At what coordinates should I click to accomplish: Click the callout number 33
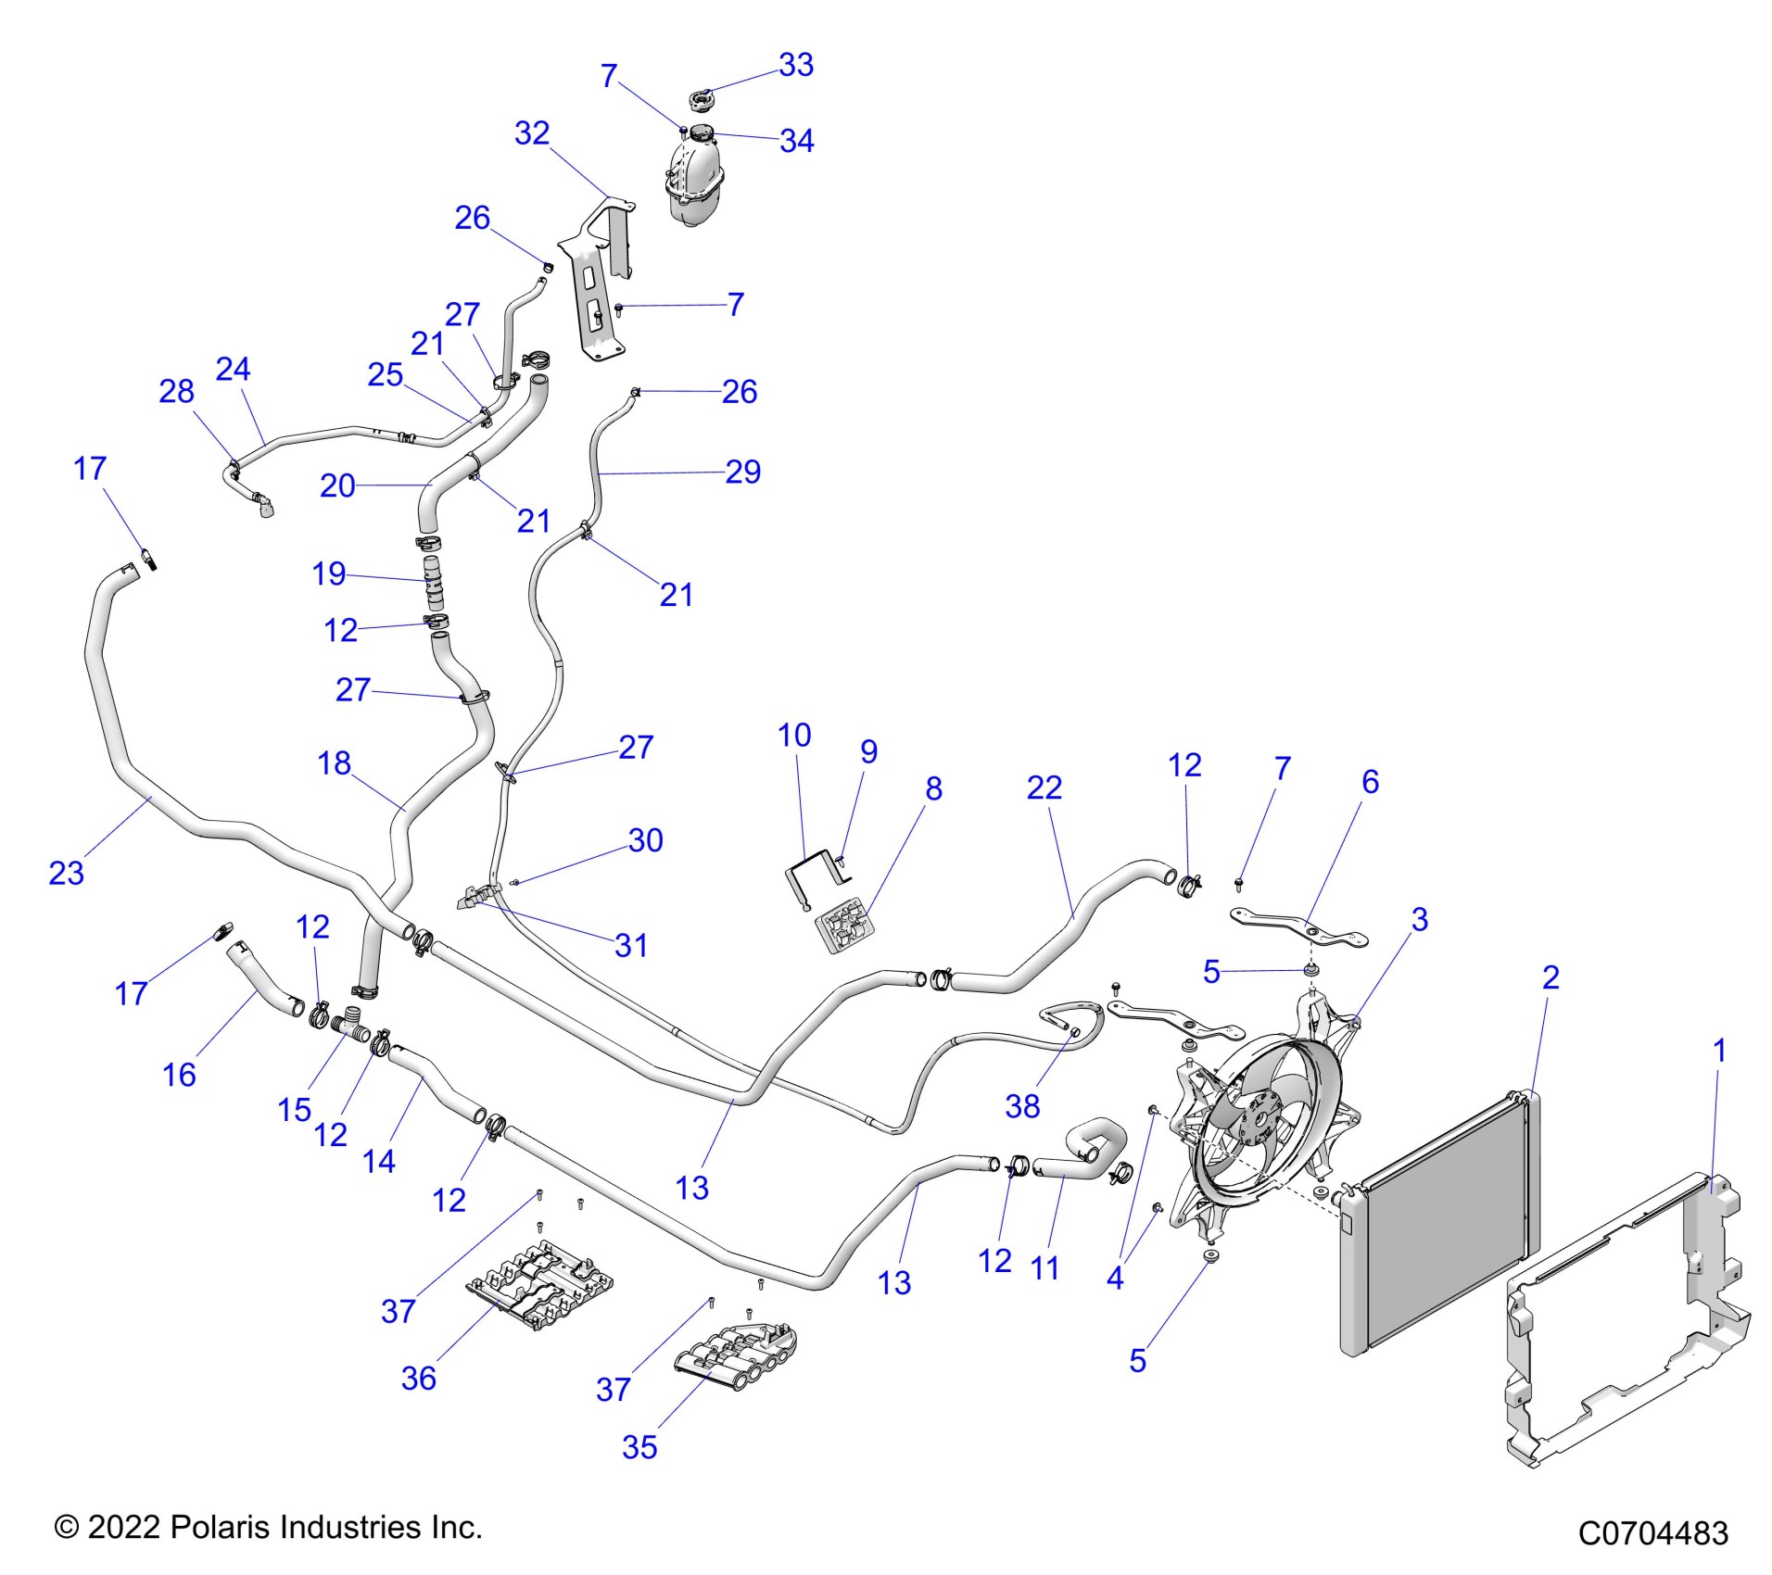coord(795,65)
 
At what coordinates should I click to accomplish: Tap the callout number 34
coord(796,141)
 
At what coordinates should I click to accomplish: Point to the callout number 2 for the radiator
coord(1550,976)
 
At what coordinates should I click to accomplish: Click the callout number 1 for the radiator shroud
coord(1719,1051)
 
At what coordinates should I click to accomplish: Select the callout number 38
coord(1022,1105)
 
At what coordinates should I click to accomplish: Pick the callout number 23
coord(66,873)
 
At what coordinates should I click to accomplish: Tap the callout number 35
coord(639,1447)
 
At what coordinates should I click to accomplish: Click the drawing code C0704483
coord(1652,1533)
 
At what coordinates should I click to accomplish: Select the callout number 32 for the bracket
coord(532,133)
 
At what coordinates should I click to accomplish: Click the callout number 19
coord(329,573)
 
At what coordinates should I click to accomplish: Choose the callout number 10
coord(794,735)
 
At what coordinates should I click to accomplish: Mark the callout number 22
coord(1044,787)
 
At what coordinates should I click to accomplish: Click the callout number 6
coord(1370,781)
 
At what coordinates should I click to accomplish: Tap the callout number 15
coord(295,1109)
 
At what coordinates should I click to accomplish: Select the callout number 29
coord(742,472)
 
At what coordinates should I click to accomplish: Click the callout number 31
coord(631,945)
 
